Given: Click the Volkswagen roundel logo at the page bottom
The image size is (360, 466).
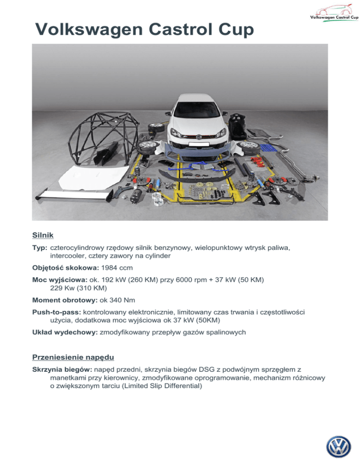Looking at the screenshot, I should [x=338, y=447].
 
